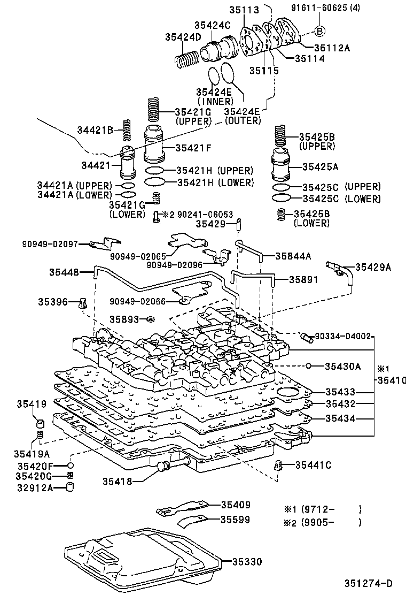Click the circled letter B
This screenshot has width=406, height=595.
319,30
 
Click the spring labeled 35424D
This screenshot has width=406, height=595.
188,55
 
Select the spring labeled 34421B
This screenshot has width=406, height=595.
127,130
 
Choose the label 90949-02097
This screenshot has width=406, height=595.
50,244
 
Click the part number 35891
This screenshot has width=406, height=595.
303,279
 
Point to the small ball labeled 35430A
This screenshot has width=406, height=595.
309,366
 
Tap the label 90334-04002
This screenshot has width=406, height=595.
342,336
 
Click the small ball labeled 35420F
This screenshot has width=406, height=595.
70,466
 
